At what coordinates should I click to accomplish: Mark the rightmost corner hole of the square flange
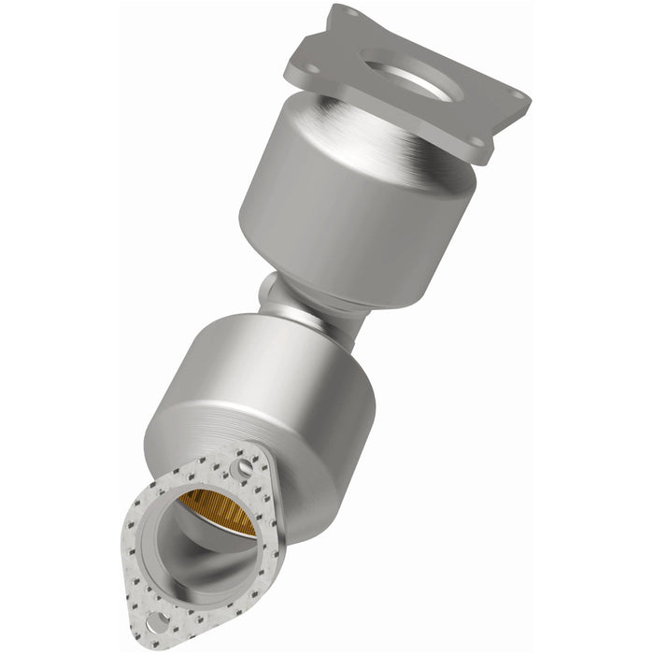coord(513,102)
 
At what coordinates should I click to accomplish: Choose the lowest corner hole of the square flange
coord(477,143)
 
